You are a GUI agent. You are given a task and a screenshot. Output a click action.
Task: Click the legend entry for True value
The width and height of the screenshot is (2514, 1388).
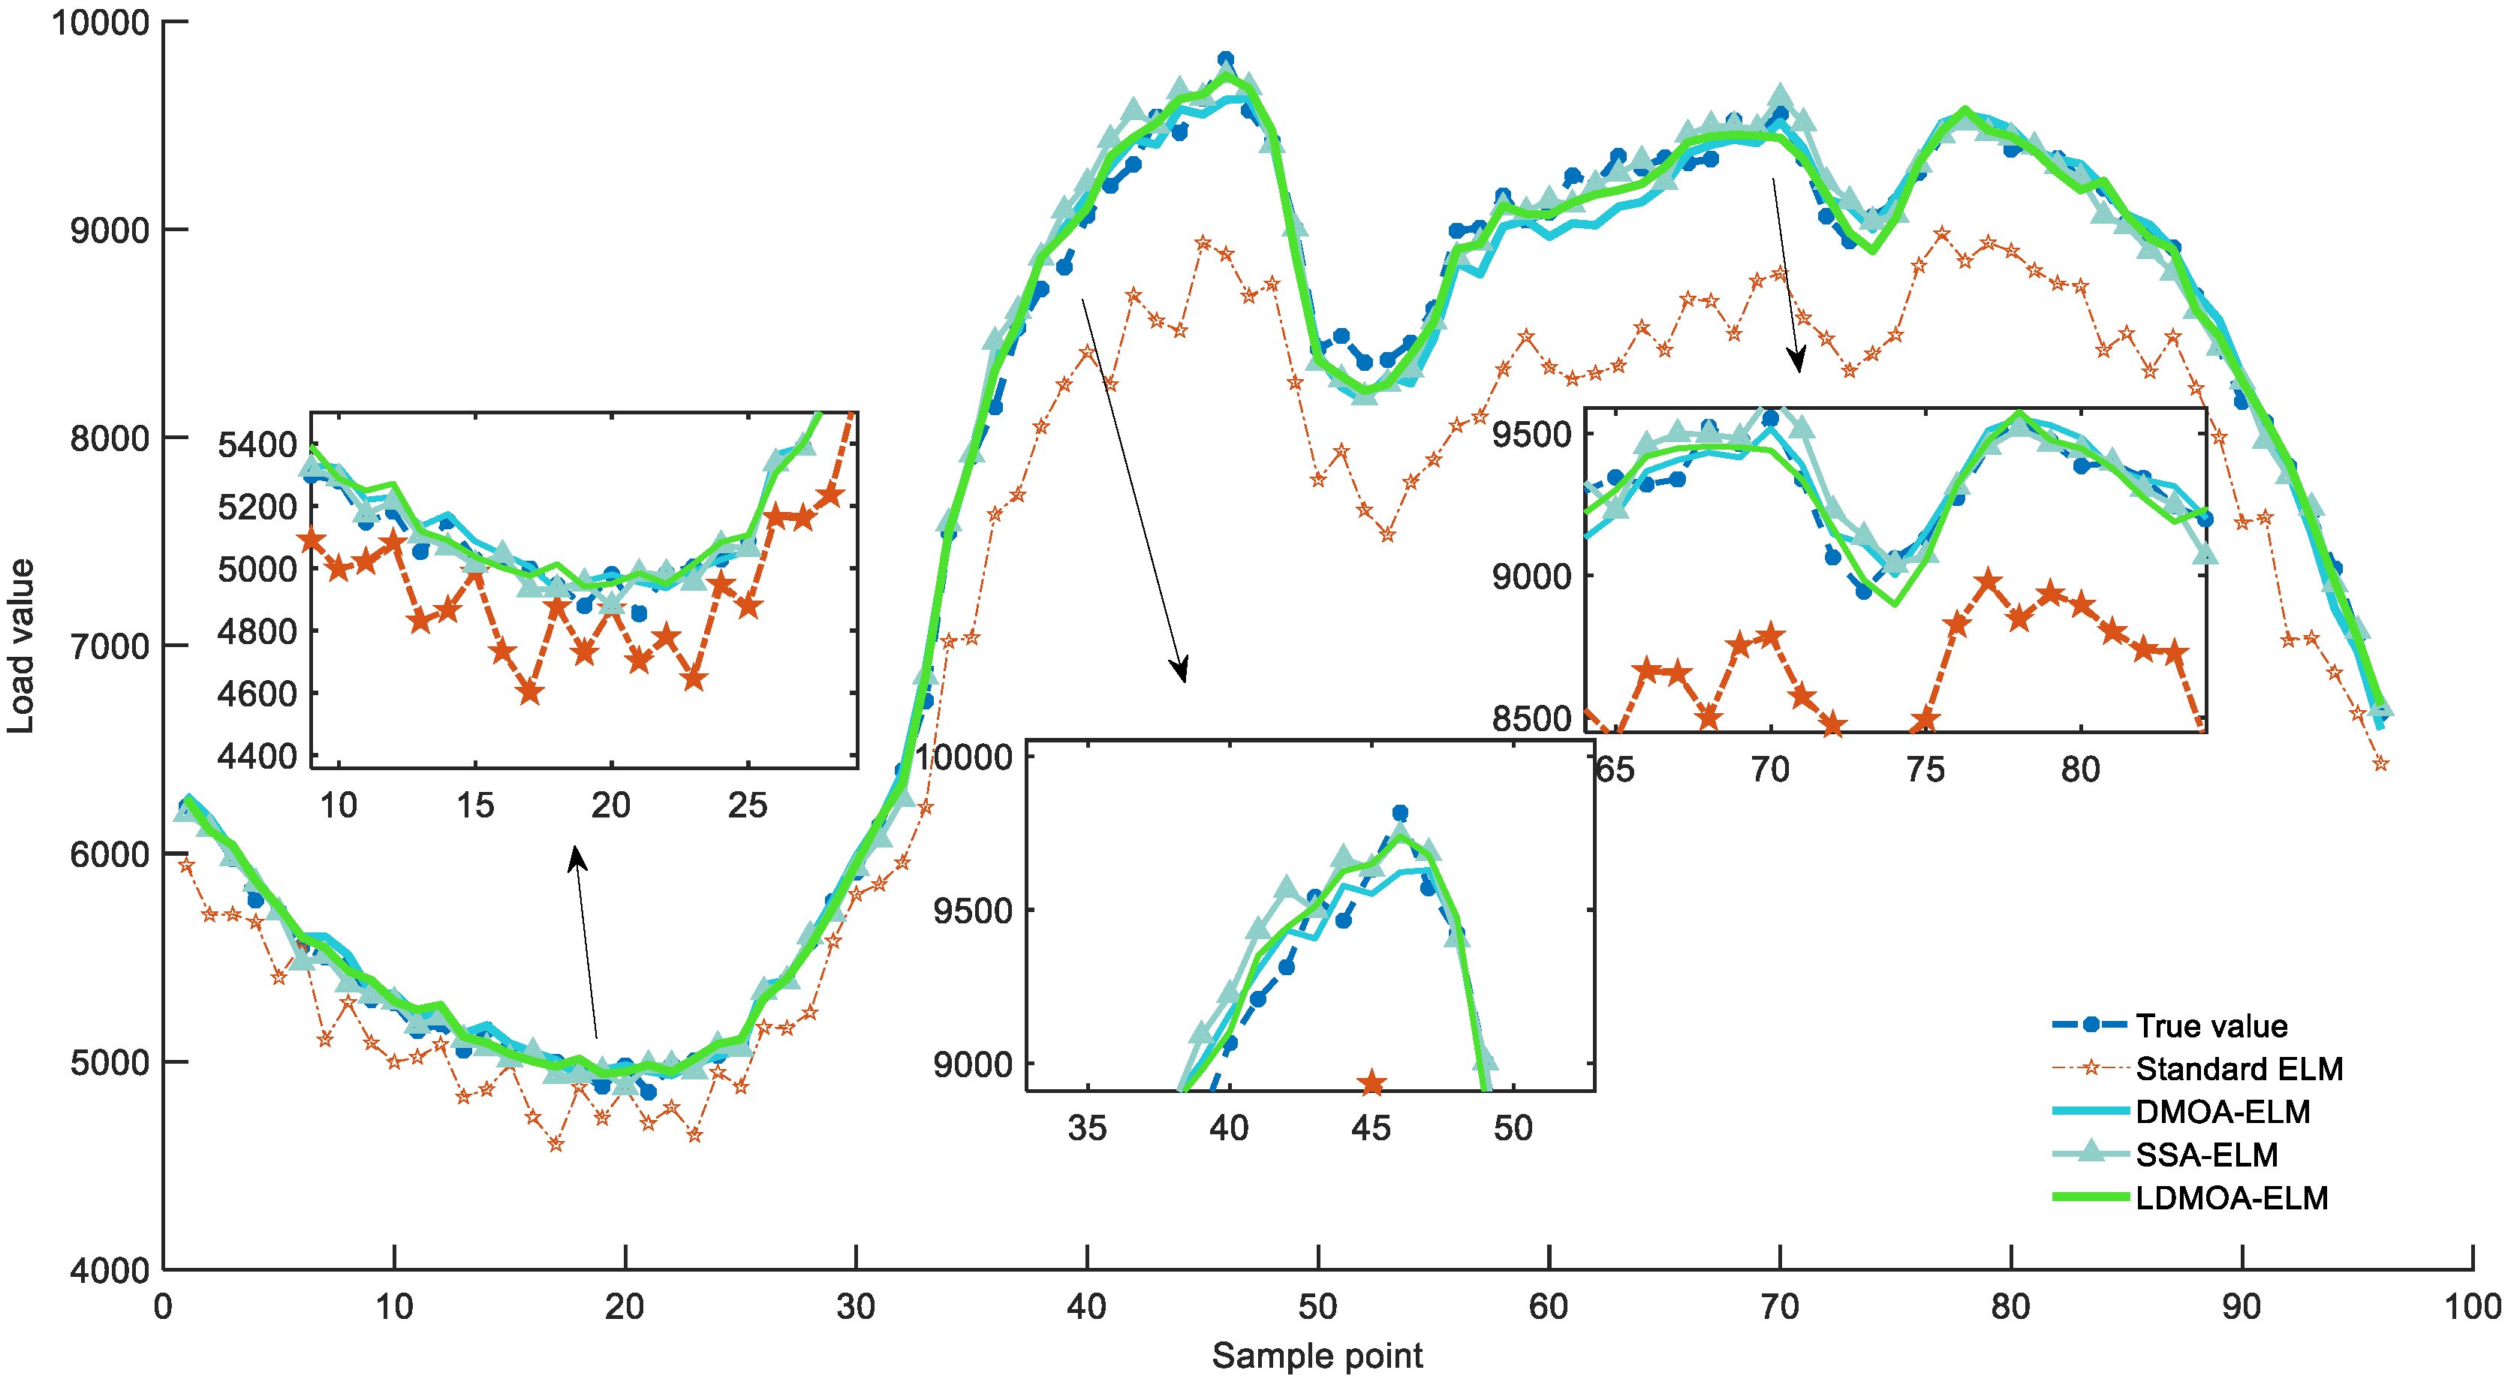pyautogui.click(x=2211, y=1026)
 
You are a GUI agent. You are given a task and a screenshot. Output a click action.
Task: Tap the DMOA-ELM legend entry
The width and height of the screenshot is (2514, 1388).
pyautogui.click(x=2222, y=1112)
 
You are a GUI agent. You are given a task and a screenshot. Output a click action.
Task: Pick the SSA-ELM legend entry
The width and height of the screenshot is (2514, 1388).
pyautogui.click(x=2205, y=1155)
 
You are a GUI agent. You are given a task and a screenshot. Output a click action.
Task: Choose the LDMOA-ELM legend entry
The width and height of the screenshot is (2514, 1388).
pyautogui.click(x=2231, y=1197)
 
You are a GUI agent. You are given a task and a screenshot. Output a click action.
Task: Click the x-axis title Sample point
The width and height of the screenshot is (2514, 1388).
pyautogui.click(x=1317, y=1356)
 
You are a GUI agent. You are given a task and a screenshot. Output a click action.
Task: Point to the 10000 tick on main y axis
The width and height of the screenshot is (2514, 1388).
pyautogui.click(x=100, y=22)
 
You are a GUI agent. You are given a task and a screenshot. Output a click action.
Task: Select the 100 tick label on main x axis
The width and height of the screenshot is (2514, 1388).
pyautogui.click(x=2471, y=1307)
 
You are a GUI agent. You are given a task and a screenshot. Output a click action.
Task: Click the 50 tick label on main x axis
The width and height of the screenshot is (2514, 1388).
pyautogui.click(x=1317, y=1307)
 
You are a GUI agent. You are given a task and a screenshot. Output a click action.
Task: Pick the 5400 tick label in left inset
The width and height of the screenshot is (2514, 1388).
pyautogui.click(x=257, y=445)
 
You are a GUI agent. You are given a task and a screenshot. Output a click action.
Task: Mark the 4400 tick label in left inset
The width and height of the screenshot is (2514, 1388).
pyautogui.click(x=257, y=757)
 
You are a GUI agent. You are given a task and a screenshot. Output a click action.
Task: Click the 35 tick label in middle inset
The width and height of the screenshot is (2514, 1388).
pyautogui.click(x=1087, y=1128)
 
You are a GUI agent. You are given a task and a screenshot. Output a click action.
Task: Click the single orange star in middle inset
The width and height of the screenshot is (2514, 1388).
pyautogui.click(x=1372, y=1082)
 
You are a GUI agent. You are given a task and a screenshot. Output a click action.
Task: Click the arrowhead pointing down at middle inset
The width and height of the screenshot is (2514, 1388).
pyautogui.click(x=1181, y=672)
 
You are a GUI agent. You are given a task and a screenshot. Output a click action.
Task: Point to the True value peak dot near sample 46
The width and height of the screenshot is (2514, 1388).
pyautogui.click(x=1226, y=59)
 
